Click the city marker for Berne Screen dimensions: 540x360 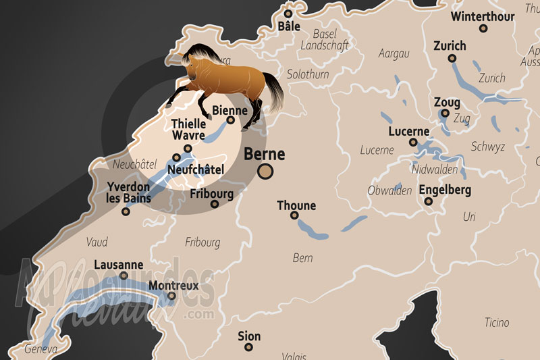click(266, 172)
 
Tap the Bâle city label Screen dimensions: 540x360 click(288, 26)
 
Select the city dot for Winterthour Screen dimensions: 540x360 click(483, 28)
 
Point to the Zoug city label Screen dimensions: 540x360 click(447, 103)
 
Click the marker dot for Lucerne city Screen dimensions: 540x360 click(413, 143)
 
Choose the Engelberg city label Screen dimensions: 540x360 click(445, 190)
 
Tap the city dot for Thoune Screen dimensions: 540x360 click(294, 215)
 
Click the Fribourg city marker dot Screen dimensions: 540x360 click(215, 204)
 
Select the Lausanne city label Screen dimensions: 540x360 click(119, 265)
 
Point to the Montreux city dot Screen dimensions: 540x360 click(171, 296)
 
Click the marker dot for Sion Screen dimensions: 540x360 click(249, 347)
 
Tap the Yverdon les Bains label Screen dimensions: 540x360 click(128, 192)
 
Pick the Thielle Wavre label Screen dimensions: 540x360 click(188, 130)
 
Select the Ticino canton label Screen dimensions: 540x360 click(497, 323)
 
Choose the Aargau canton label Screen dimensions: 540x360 click(394, 53)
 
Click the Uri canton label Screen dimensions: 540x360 click(469, 217)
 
